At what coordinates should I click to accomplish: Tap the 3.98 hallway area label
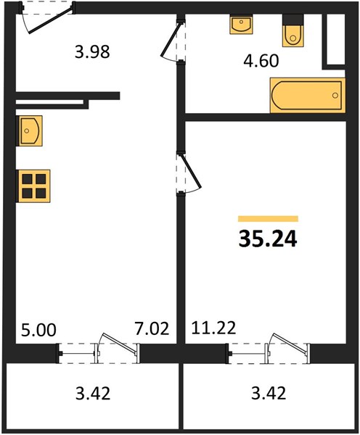tap(92, 51)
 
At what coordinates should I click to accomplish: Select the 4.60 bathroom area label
tap(261, 61)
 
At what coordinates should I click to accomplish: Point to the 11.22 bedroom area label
tap(213, 328)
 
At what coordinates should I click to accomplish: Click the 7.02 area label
tap(152, 328)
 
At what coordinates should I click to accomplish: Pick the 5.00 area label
tap(38, 330)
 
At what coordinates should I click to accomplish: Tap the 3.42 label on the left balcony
tap(93, 393)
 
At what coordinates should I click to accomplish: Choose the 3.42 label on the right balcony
tap(269, 393)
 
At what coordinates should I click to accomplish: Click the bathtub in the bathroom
tap(308, 96)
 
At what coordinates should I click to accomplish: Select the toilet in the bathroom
tap(292, 30)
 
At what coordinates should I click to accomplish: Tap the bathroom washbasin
tap(241, 24)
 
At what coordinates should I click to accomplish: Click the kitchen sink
tap(30, 130)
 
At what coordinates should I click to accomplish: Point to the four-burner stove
tap(34, 186)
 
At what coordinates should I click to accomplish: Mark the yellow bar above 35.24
tap(268, 219)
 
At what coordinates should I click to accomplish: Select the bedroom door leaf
tap(191, 171)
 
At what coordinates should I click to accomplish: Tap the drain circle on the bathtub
tap(335, 96)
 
